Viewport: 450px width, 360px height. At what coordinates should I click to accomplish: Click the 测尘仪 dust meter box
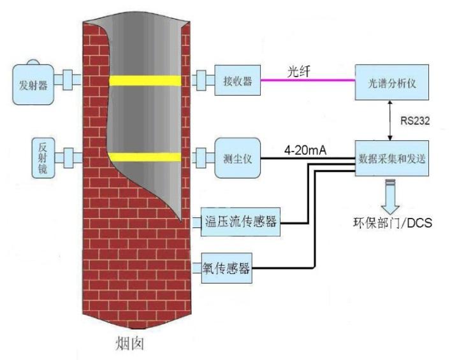pos(237,157)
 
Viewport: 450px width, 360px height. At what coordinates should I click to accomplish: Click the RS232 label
pos(414,120)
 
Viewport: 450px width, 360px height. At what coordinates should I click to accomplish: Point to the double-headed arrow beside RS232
pos(390,119)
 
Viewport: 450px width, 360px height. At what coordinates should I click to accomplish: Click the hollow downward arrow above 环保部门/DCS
pos(389,194)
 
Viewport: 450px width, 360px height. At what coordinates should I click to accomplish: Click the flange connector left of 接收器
pos(203,81)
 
